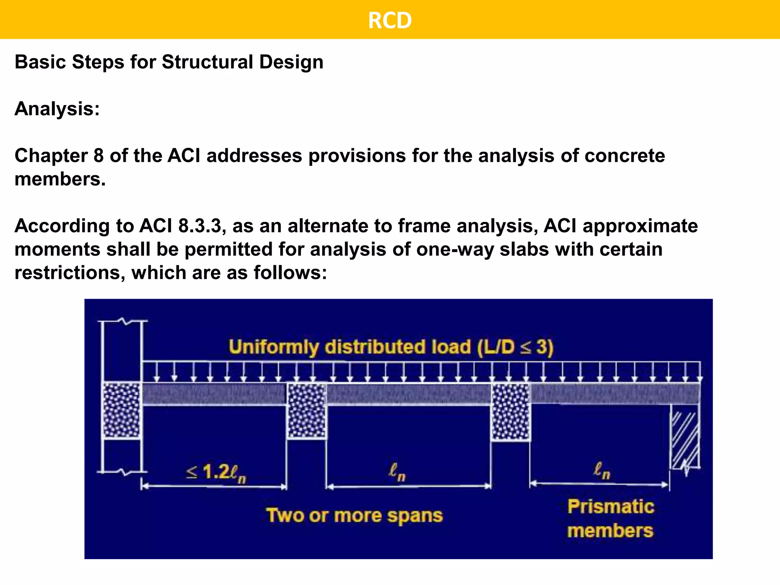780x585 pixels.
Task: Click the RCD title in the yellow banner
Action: click(x=390, y=20)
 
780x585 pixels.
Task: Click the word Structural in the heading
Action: click(x=208, y=62)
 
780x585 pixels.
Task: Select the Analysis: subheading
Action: click(x=57, y=109)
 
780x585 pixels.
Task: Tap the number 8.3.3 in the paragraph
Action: click(x=200, y=226)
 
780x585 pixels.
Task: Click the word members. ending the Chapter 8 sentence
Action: click(x=60, y=179)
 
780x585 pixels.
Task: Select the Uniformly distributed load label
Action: click(x=350, y=347)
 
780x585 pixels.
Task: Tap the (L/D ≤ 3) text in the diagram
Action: click(x=515, y=347)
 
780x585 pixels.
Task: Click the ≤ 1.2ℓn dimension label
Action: click(x=216, y=473)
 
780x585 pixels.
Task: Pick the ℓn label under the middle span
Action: click(x=397, y=472)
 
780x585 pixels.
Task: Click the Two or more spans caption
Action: click(x=354, y=516)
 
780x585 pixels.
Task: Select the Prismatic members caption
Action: click(x=611, y=519)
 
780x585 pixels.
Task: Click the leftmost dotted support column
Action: click(x=122, y=410)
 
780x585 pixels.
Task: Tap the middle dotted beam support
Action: click(x=307, y=411)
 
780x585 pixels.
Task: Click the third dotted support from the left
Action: click(x=511, y=411)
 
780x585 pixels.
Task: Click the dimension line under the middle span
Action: click(x=408, y=486)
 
